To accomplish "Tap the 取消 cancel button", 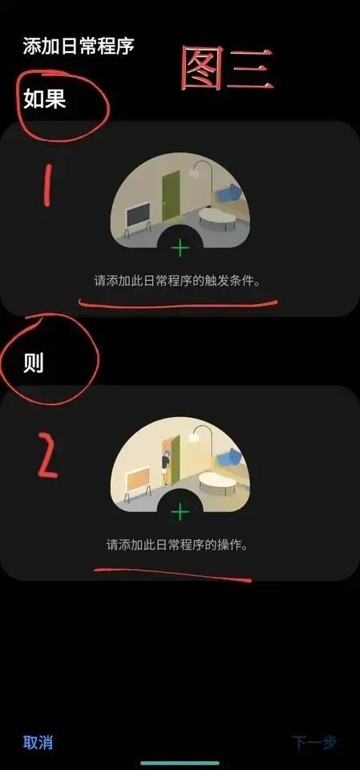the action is [38, 742].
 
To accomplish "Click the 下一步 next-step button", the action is [315, 742].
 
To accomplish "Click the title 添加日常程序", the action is [78, 47].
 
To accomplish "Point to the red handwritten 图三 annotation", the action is [226, 68].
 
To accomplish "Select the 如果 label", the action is [44, 99].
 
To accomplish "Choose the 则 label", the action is [34, 363].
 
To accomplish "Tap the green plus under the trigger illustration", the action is [180, 248].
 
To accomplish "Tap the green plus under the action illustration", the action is [180, 513].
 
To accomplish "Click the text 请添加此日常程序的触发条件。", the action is [177, 282].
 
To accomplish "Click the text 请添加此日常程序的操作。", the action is [177, 545].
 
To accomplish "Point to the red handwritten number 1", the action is [47, 184].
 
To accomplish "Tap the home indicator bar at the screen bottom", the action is [180, 763].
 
